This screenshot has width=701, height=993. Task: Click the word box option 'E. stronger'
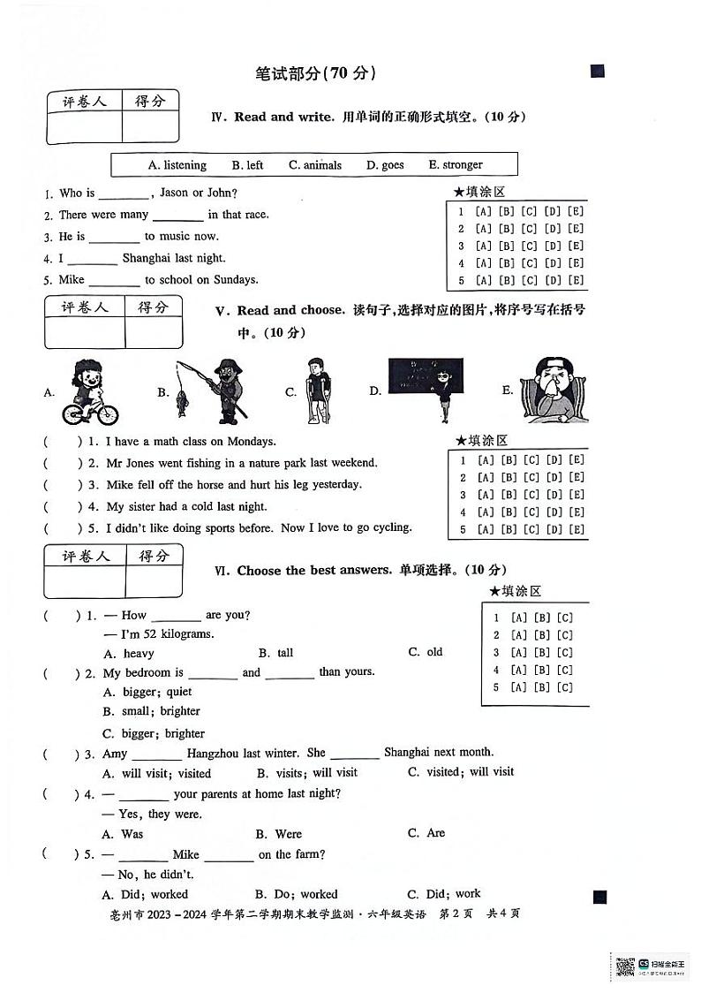456,164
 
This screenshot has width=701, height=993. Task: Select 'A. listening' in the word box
177,164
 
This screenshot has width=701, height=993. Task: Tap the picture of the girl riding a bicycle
88,392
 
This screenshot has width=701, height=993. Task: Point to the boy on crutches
319,390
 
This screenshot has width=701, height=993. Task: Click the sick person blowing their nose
549,390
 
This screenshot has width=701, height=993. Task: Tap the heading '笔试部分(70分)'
315,74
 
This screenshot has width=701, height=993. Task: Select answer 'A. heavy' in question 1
129,654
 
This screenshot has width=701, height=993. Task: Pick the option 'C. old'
426,652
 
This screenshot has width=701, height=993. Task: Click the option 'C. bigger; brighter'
154,733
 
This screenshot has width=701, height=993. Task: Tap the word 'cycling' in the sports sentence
392,527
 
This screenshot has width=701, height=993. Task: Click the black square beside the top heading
598,72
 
